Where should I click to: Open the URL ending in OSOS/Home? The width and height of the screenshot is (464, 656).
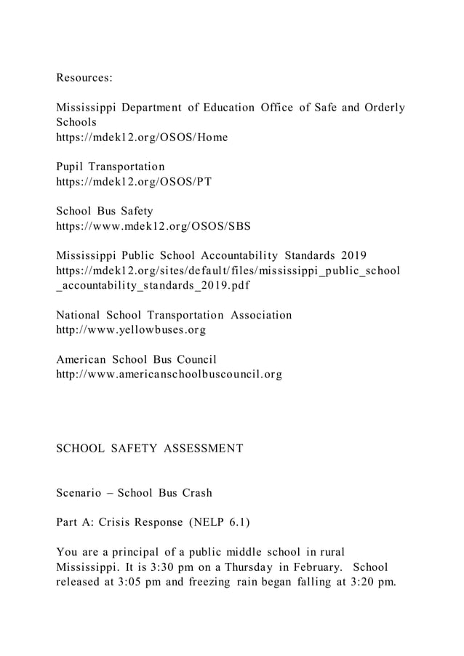tap(142, 137)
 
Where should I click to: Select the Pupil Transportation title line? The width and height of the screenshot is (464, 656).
tap(111, 167)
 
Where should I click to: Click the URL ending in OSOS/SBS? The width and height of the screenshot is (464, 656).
tap(153, 225)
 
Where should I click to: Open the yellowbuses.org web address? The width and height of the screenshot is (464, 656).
tap(131, 329)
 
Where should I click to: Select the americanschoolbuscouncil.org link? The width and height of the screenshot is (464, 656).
tap(169, 375)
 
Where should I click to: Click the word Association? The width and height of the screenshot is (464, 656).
tap(261, 315)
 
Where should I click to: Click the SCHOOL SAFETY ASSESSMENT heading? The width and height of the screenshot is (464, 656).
tap(150, 449)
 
